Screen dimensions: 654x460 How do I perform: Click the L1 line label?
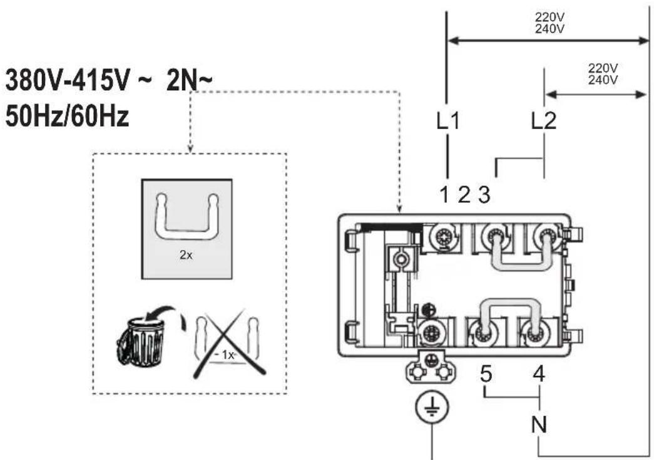tap(448, 121)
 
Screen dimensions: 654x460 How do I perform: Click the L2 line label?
tap(544, 121)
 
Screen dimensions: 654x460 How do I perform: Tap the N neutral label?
tap(539, 424)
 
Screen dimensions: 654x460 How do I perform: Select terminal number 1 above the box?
tap(444, 195)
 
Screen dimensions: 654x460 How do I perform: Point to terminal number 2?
tap(464, 195)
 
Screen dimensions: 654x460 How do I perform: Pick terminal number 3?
tap(484, 195)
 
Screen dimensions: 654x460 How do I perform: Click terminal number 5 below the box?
tap(486, 374)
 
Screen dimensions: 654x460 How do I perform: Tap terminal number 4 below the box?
tap(539, 374)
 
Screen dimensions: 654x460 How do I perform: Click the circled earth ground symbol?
tap(432, 407)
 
